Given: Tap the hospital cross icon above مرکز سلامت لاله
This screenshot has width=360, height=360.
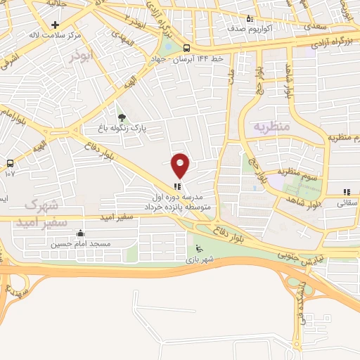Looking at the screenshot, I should coord(55,24).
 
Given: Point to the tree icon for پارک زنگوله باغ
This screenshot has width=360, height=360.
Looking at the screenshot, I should coord(122,117).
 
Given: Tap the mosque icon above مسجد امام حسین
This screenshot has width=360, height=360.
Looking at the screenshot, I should coord(80,234).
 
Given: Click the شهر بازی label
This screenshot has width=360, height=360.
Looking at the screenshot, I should coord(199,259).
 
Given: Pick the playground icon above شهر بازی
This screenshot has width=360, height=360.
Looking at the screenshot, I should coord(199,248).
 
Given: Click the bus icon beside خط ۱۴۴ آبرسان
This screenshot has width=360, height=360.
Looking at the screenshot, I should coord(186,48).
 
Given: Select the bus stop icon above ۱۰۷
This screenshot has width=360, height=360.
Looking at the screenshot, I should coord(10,163).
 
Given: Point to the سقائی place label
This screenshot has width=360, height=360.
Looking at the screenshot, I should coord(347,202).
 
